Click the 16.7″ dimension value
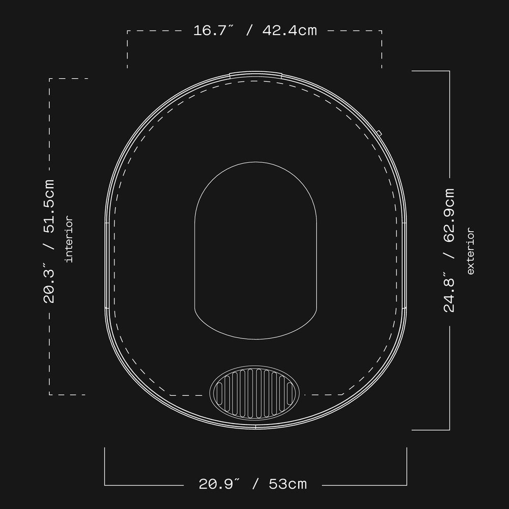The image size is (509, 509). [213, 31]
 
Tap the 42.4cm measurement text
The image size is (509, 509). [290, 31]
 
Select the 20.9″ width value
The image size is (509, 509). [219, 484]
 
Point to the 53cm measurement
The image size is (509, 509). [288, 484]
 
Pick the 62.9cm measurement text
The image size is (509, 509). [449, 215]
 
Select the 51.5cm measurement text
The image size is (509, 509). [49, 207]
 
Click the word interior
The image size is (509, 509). [69, 239]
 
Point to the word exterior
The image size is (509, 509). [470, 251]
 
